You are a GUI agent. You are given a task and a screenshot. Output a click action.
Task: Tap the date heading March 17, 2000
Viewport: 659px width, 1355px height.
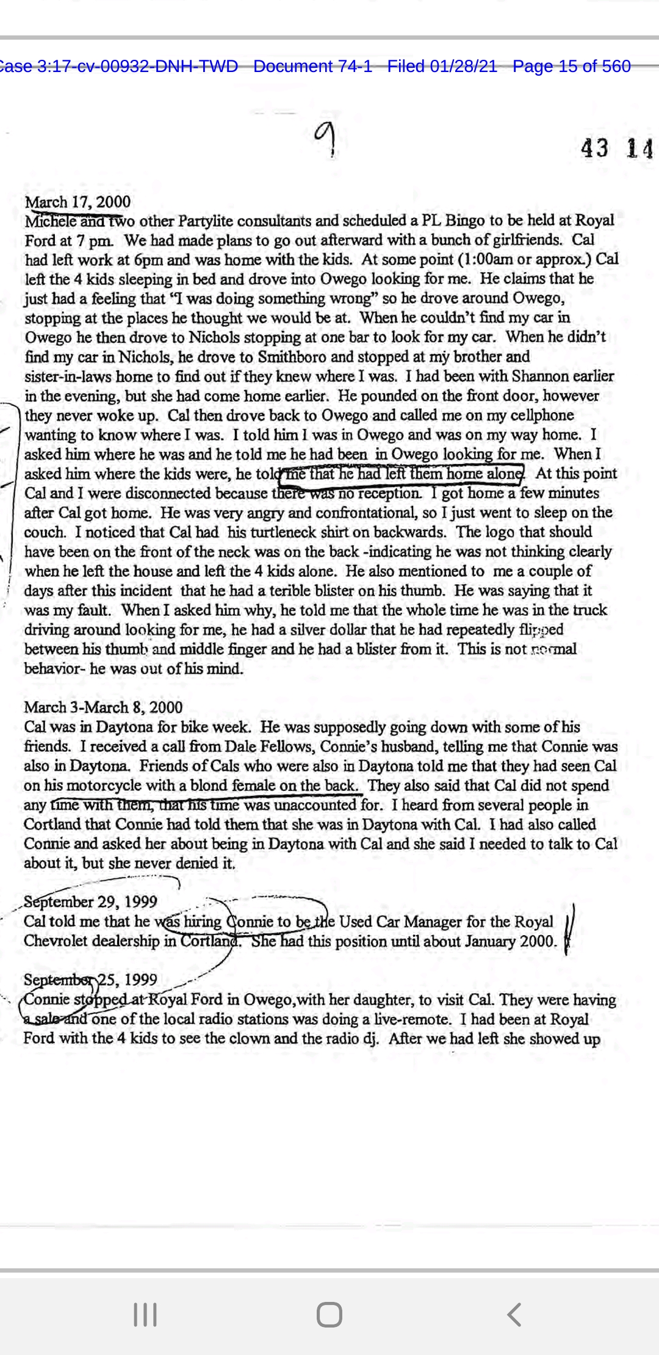(77, 202)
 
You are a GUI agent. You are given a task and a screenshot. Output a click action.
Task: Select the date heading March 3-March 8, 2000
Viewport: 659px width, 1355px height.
(103, 707)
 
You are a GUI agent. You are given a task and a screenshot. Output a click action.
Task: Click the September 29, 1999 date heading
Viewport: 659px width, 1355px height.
(90, 902)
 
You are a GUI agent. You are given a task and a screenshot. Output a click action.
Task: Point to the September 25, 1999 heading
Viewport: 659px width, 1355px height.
(90, 980)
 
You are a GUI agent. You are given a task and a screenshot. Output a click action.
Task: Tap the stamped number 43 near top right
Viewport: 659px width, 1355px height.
(594, 148)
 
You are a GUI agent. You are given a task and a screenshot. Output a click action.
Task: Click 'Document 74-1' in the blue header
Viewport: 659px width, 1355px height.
(312, 67)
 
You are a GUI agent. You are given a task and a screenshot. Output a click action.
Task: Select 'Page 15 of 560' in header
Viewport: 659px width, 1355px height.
(571, 67)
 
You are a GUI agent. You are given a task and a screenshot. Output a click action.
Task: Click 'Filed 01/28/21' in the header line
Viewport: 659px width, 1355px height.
(442, 67)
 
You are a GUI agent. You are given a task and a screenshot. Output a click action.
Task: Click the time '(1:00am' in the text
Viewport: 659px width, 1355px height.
(486, 259)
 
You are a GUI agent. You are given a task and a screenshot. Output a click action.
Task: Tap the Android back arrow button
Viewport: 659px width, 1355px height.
(514, 1314)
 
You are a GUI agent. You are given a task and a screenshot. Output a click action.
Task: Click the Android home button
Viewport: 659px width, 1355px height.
(329, 1314)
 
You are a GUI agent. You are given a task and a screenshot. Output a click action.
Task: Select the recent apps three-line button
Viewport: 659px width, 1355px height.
(145, 1314)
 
